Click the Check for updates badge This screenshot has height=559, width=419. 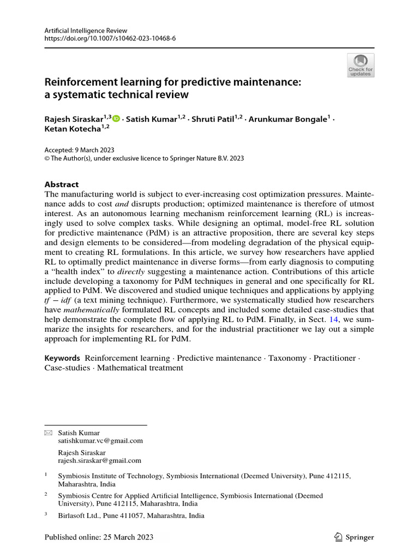point(360,65)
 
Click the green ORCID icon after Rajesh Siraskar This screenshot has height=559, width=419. point(116,117)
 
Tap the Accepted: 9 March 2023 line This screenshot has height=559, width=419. point(79,150)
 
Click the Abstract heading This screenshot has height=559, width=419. point(62,185)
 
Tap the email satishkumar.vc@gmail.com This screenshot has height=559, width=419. point(100,441)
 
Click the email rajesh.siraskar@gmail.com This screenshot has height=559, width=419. point(99,460)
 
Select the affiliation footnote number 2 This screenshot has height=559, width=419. point(46,495)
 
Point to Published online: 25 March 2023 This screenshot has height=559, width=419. point(99,537)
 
